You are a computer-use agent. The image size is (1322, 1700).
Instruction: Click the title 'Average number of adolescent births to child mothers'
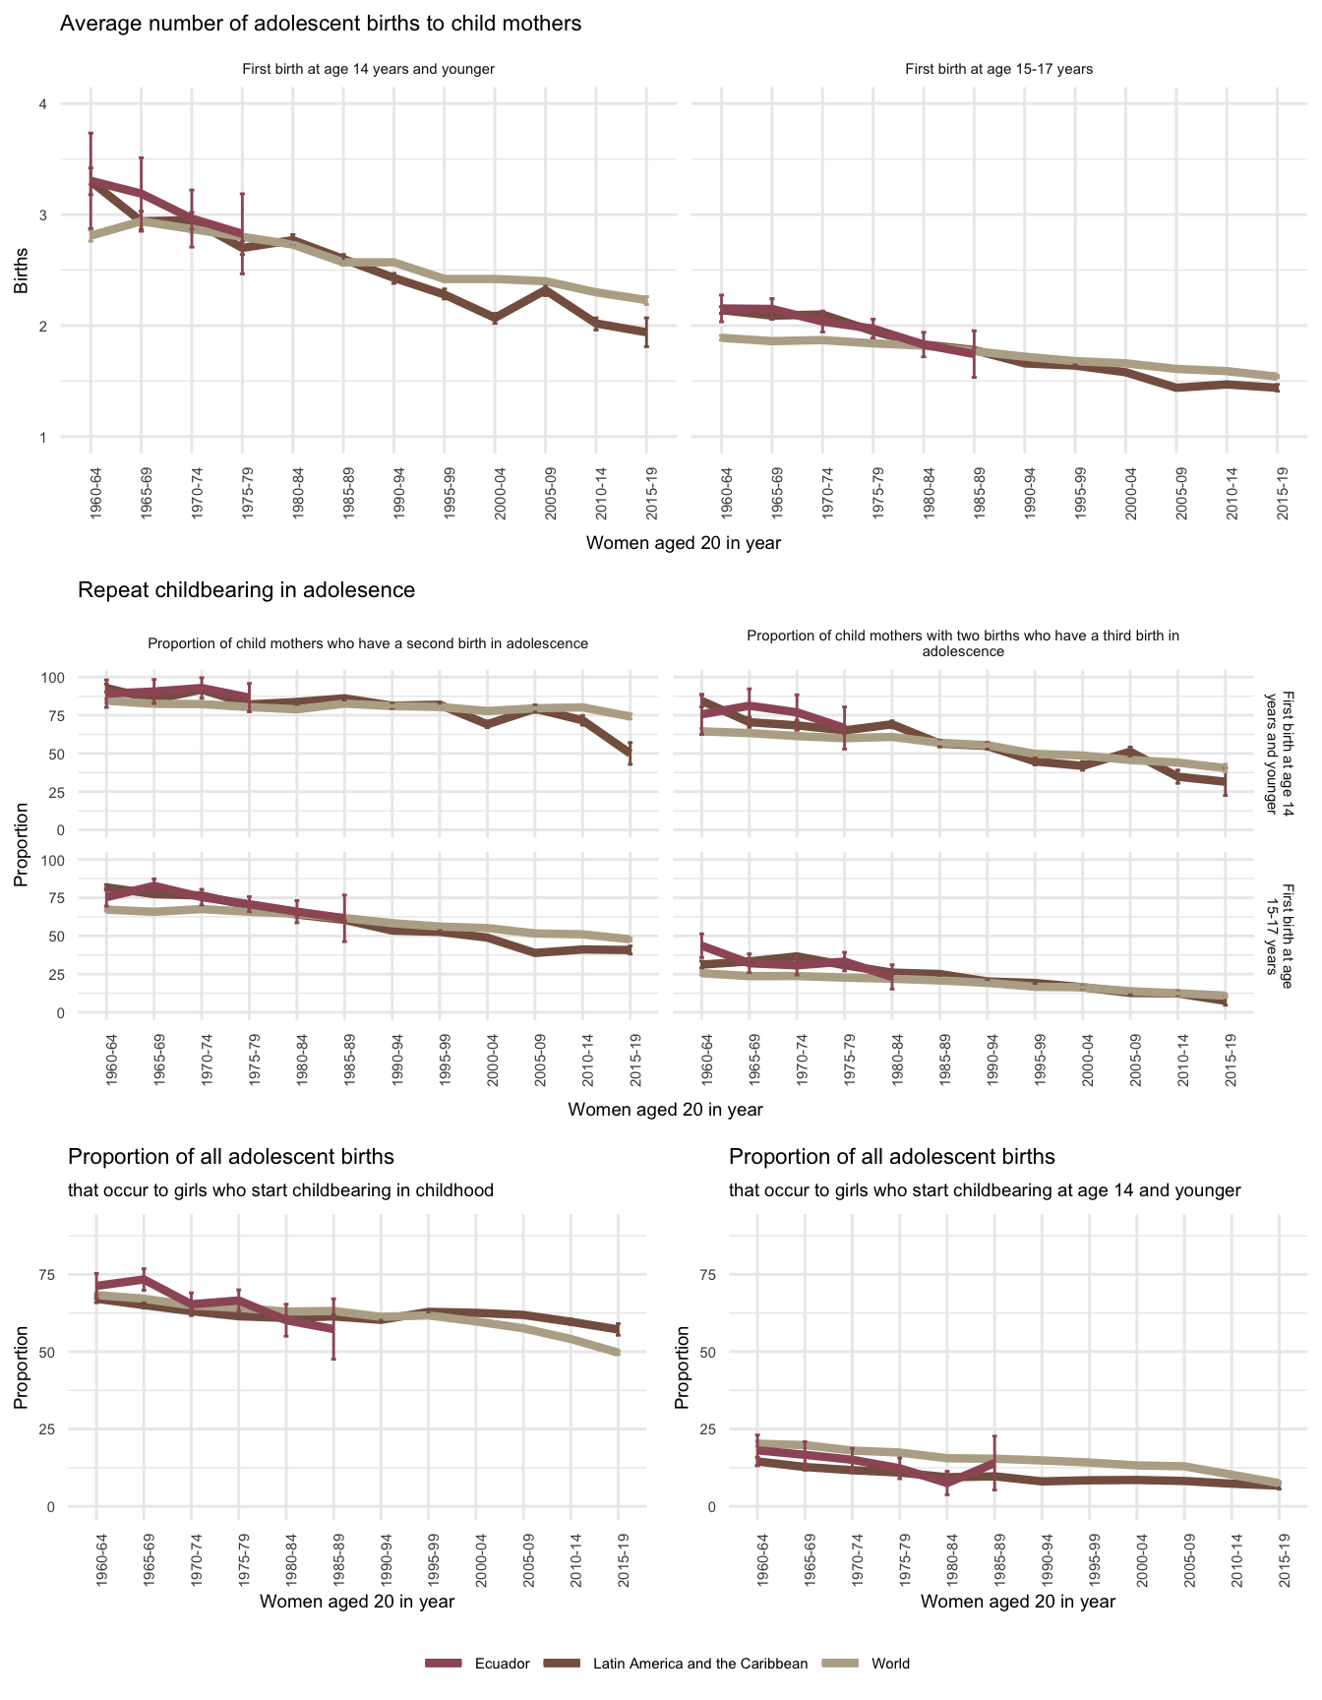[321, 24]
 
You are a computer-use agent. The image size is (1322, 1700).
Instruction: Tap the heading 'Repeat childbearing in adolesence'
[246, 590]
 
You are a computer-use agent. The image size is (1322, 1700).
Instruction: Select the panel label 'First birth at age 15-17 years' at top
[998, 70]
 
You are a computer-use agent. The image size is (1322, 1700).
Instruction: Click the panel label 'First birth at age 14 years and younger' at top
[368, 70]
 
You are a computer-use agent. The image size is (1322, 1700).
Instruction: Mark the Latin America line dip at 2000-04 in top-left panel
[495, 318]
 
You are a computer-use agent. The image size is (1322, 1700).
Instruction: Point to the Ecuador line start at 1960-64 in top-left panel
[90, 181]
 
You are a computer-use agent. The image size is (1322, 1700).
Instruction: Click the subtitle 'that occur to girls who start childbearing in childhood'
[280, 1190]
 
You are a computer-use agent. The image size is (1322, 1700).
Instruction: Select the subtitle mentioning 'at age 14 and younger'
[985, 1190]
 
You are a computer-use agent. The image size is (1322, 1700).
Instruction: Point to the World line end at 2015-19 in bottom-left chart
[618, 1353]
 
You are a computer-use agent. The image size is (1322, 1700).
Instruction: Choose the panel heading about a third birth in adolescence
[963, 643]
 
